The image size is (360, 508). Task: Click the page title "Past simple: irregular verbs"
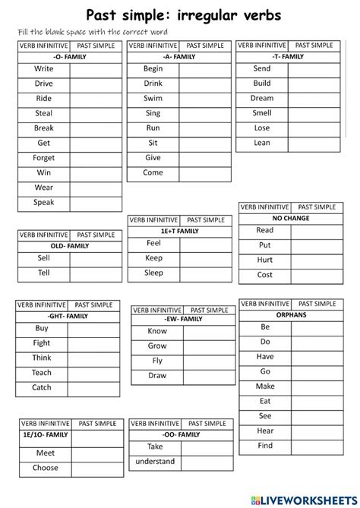coord(183,14)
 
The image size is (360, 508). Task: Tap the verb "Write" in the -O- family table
coord(44,69)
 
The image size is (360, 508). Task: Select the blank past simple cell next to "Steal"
coord(95,113)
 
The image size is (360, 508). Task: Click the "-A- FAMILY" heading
coord(178,57)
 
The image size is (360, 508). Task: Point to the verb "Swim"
coord(153,99)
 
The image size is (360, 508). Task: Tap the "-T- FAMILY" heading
coord(287,57)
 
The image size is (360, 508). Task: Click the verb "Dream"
coord(262,99)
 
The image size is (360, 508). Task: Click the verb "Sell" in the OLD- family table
coord(44,258)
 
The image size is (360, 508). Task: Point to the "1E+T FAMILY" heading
coord(178,231)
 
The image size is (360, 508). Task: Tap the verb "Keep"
coord(153,258)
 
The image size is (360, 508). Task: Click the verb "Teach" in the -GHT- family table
coord(42,373)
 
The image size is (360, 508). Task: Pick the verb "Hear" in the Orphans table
coord(265,431)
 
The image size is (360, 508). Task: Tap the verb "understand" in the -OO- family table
coord(155,461)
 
